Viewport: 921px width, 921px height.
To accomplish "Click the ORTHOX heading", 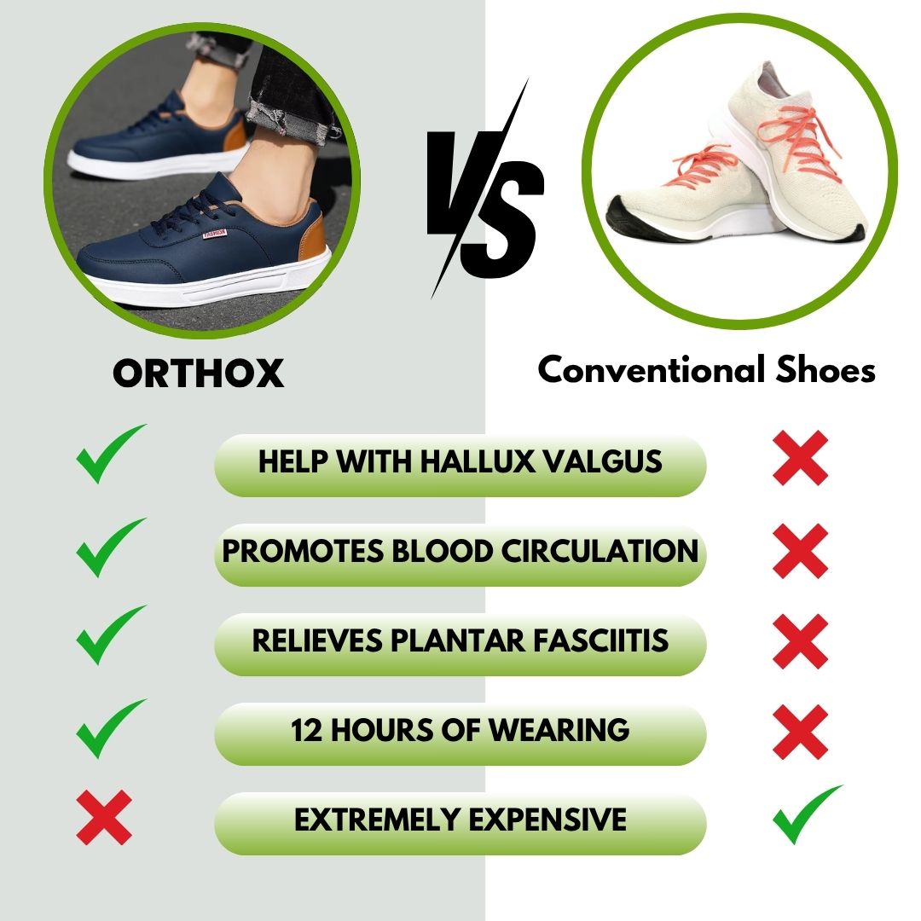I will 198,373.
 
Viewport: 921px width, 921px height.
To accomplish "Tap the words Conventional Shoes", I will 707,370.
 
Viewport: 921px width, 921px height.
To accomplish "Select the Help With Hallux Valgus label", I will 460,461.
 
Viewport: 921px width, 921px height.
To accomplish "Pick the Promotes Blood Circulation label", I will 460,551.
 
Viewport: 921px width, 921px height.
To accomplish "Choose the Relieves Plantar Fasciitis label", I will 460,641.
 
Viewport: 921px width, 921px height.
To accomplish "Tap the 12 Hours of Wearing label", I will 460,731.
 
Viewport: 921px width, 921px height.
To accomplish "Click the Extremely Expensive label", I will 460,820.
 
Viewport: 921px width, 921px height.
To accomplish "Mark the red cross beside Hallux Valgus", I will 800,459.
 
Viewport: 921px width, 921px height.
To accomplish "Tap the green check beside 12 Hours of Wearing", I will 109,727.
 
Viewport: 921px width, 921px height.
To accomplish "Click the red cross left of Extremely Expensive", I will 104,817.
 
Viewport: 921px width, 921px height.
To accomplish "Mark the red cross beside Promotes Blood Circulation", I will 800,551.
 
